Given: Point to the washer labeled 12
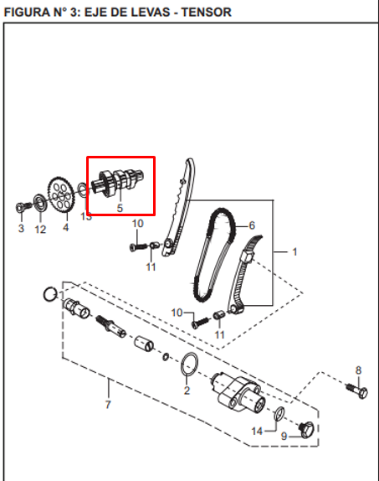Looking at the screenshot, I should (x=38, y=201).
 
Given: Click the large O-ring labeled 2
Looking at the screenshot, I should (x=189, y=365).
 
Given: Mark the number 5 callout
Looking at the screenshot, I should (x=120, y=207).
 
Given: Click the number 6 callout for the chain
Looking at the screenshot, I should (x=249, y=225).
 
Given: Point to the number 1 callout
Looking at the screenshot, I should (x=294, y=251).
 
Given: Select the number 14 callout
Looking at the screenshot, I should (x=258, y=431).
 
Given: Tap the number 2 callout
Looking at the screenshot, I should (x=186, y=390).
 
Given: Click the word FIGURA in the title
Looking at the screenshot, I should (x=26, y=12).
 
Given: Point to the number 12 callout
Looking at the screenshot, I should (x=39, y=228).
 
